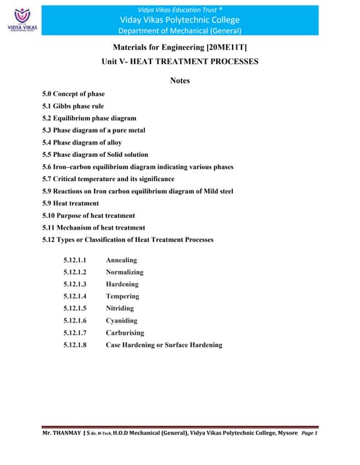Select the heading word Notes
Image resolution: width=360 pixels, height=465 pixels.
pyautogui.click(x=180, y=81)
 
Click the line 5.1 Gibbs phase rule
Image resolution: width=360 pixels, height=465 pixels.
pyautogui.click(x=74, y=106)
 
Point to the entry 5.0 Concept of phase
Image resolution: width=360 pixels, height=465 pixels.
pyautogui.click(x=73, y=94)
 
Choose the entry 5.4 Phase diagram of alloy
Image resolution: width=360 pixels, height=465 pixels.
pyautogui.click(x=86, y=142)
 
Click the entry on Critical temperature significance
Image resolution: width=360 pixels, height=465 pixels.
pyautogui.click(x=108, y=179)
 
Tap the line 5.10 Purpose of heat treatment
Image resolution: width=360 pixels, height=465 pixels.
pyautogui.click(x=89, y=216)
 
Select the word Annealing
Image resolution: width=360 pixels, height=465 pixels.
pyautogui.click(x=121, y=260)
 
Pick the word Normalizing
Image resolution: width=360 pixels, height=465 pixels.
pyautogui.click(x=124, y=272)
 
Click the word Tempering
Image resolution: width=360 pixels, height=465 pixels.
pyautogui.click(x=122, y=296)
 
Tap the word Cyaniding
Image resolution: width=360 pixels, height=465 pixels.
pyautogui.click(x=121, y=320)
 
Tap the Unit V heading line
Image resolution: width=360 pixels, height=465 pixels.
pyautogui.click(x=180, y=62)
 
